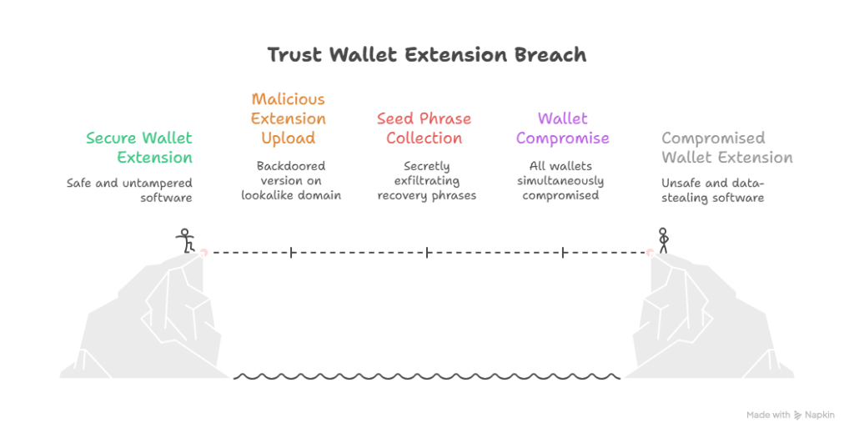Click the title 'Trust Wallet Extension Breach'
pos(426,56)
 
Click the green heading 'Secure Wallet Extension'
pos(138,148)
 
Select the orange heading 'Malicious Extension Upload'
pos(289,118)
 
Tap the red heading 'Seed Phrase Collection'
pos(424,128)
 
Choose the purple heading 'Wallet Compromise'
pos(562,128)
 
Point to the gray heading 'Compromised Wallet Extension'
pos(726,148)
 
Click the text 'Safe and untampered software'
pos(129,189)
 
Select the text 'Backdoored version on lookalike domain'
pos(291,180)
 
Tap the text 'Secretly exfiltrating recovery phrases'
pos(426,180)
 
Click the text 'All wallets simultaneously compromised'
pos(560,180)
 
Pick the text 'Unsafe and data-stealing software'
pos(712,189)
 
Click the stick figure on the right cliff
pos(663,239)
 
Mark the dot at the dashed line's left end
pos(204,251)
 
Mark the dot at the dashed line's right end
pos(649,251)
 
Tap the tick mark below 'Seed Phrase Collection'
pos(427,251)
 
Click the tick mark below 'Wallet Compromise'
pos(563,251)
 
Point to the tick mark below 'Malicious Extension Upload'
pos(291,251)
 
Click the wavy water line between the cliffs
pos(426,377)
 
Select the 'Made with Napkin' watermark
pos(790,415)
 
